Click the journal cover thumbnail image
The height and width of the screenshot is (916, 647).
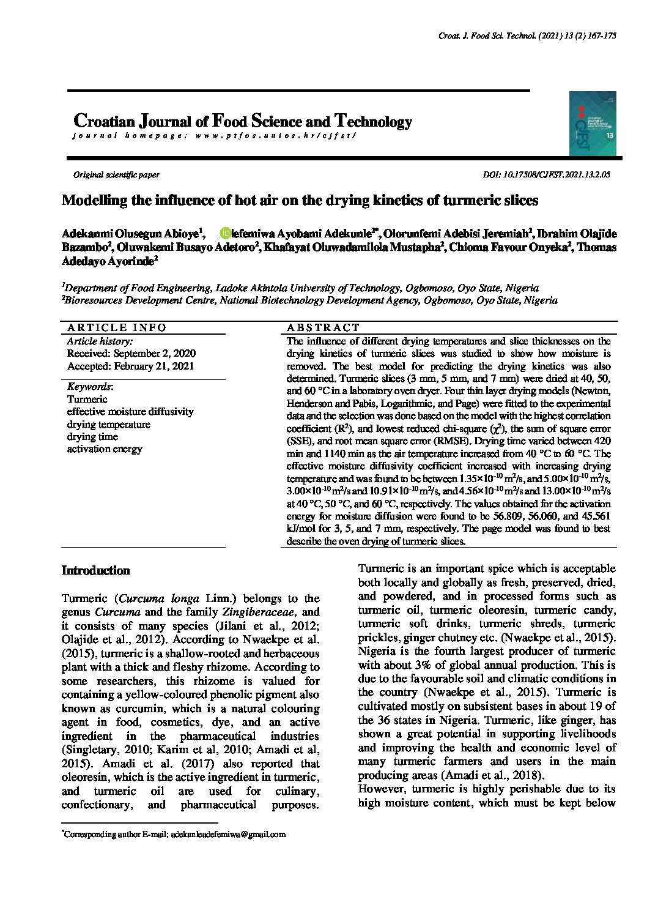pyautogui.click(x=593, y=124)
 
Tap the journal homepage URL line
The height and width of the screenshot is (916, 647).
pyautogui.click(x=214, y=136)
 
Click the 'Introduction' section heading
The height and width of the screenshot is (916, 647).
pyautogui.click(x=96, y=571)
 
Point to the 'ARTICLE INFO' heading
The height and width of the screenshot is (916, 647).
pyautogui.click(x=116, y=327)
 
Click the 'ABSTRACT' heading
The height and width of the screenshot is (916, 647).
pyautogui.click(x=323, y=327)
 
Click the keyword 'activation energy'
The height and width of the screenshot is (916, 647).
pyautogui.click(x=105, y=449)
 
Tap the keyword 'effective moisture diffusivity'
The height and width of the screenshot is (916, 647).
pyautogui.click(x=130, y=412)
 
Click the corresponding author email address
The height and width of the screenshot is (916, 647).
pyautogui.click(x=229, y=835)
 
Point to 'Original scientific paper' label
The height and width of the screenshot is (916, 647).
pyautogui.click(x=116, y=175)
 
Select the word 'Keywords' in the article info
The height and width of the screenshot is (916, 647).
pyautogui.click(x=89, y=387)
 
